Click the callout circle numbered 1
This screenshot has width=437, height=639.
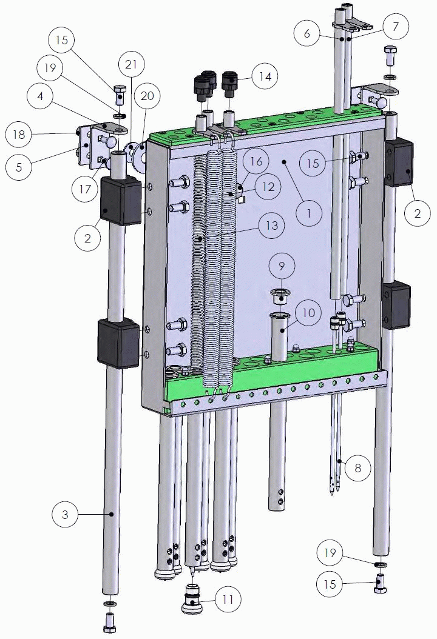click(309, 213)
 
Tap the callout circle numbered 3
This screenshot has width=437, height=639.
click(66, 514)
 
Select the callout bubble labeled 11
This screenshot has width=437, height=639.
click(228, 599)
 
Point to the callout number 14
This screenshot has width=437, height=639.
click(265, 76)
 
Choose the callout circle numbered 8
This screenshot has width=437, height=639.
click(358, 467)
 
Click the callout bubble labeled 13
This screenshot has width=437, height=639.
click(272, 226)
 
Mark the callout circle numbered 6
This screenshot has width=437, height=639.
click(307, 33)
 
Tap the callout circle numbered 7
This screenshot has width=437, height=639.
click(395, 27)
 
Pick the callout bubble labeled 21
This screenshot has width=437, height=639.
click(131, 65)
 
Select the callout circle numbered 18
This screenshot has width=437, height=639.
click(19, 135)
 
